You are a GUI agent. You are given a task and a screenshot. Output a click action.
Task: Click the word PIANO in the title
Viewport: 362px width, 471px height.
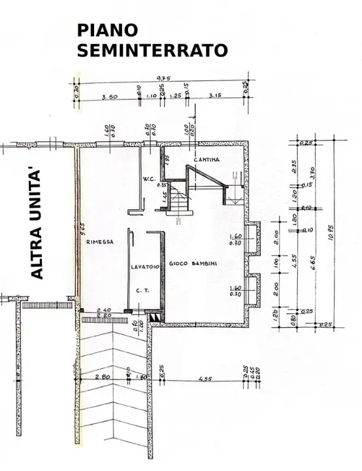(x=108, y=30)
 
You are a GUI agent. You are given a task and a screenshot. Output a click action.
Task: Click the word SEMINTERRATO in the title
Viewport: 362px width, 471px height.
(x=152, y=50)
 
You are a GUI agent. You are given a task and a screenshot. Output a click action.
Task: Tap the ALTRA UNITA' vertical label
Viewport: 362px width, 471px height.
(x=37, y=223)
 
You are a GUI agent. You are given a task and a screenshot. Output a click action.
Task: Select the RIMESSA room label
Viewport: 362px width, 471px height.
(x=100, y=242)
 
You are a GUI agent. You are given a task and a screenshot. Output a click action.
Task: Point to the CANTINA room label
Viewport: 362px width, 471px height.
(x=206, y=160)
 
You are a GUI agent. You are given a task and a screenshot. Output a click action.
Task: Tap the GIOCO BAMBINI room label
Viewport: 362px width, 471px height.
(x=193, y=264)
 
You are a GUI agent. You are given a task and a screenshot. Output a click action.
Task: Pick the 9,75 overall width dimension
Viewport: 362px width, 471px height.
(x=163, y=78)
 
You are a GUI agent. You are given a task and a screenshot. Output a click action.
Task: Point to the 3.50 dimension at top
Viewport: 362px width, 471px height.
(x=110, y=97)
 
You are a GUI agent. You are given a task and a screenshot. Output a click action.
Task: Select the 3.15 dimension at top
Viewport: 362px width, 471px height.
(x=216, y=97)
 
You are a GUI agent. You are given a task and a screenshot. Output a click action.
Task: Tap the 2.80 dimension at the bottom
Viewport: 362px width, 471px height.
(x=102, y=377)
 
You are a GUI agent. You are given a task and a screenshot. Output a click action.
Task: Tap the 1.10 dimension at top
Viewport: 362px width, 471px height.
(x=151, y=97)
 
